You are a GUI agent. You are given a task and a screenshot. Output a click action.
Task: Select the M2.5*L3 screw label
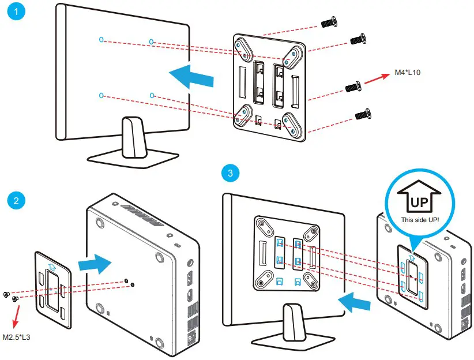17,336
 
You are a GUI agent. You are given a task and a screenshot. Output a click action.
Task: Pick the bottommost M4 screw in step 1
362,114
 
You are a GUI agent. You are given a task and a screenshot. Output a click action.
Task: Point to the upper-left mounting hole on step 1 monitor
101,40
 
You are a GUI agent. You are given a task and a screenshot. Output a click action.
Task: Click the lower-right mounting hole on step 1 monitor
152,95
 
